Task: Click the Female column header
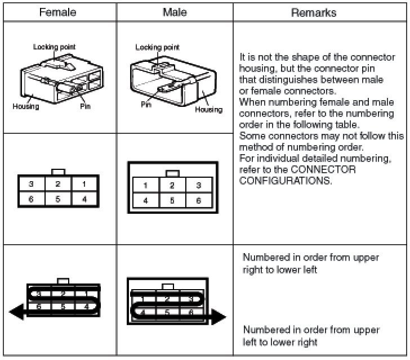pyautogui.click(x=58, y=12)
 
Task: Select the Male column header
pyautogui.click(x=175, y=12)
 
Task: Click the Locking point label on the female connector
pyautogui.click(x=54, y=47)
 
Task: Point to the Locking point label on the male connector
pyautogui.click(x=157, y=47)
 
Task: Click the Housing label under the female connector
pyautogui.click(x=25, y=106)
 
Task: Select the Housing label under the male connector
pyautogui.click(x=208, y=109)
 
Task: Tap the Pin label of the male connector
pyautogui.click(x=146, y=104)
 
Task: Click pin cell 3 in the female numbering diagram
pyautogui.click(x=31, y=184)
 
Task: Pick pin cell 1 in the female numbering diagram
pyautogui.click(x=84, y=184)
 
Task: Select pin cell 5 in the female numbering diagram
pyautogui.click(x=57, y=198)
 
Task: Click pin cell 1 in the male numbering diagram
pyautogui.click(x=145, y=186)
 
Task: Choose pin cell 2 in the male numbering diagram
pyautogui.click(x=172, y=186)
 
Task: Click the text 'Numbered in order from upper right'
pyautogui.click(x=311, y=258)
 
